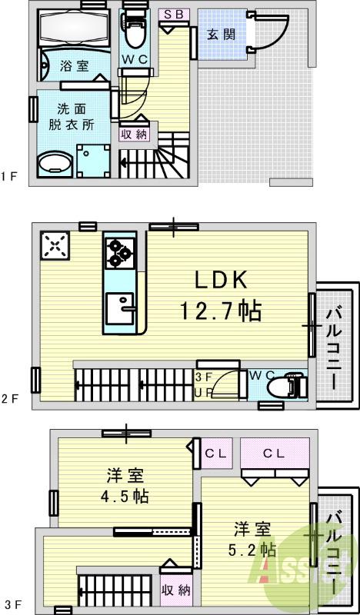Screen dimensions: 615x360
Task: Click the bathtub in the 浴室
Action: (x=75, y=30)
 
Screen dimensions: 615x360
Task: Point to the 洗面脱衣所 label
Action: (x=71, y=118)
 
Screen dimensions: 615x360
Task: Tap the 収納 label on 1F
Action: (x=132, y=132)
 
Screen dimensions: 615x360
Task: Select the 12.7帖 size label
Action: (x=220, y=311)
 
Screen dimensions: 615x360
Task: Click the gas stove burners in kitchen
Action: (x=118, y=252)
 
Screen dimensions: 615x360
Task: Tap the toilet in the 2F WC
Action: (x=294, y=383)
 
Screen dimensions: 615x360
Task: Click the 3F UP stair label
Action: (x=205, y=384)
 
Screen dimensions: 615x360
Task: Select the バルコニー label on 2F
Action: (x=335, y=346)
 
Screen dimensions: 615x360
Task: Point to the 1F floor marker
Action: (x=8, y=177)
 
